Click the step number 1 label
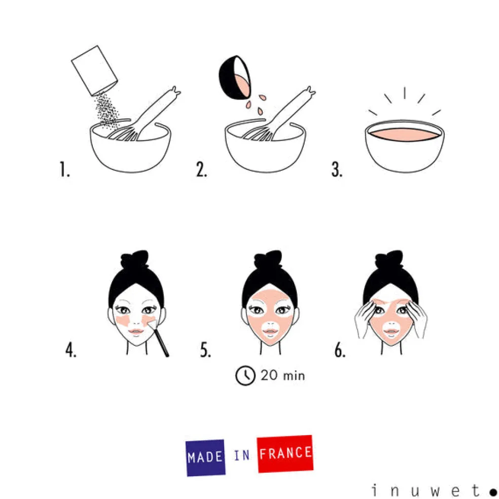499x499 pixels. tap(64, 169)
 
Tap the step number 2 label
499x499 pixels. tap(201, 169)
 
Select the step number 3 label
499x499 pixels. tap(337, 169)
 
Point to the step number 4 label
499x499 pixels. tap(70, 350)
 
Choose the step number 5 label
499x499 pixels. tap(205, 350)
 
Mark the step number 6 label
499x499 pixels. tap(340, 350)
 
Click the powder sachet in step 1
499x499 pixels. tap(94, 70)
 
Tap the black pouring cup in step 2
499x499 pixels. tap(235, 78)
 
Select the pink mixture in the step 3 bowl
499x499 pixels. tap(405, 134)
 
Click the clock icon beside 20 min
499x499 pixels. tap(245, 376)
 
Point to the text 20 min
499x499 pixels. tap(282, 376)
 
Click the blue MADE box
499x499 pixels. tap(205, 457)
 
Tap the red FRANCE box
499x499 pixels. tap(285, 454)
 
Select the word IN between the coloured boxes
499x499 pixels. tap(242, 456)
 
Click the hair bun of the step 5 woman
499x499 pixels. tap(268, 259)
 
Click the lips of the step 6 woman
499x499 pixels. tap(391, 331)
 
